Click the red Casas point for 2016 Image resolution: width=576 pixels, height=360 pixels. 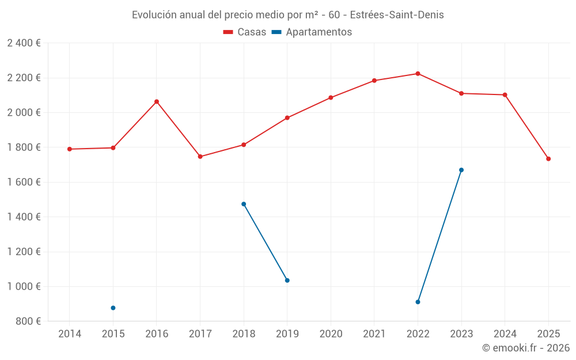coord(157,101)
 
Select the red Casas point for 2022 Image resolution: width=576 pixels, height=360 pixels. coord(418,74)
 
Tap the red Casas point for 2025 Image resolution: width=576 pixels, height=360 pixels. coord(548,159)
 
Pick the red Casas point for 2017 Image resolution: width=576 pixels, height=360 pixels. coord(200,157)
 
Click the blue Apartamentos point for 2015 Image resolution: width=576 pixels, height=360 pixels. coord(113,308)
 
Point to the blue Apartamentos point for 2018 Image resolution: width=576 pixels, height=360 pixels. coord(244,204)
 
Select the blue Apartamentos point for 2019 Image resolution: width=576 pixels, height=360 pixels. coord(287,281)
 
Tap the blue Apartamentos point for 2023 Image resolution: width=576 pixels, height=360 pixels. coord(461,170)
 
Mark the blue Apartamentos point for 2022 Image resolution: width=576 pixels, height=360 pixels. coord(418,302)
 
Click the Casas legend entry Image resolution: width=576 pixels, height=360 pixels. coord(245,32)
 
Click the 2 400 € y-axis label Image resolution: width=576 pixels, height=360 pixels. coord(24,43)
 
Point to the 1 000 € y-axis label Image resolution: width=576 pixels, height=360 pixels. coord(24,286)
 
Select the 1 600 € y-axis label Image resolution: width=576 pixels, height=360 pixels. coord(24,182)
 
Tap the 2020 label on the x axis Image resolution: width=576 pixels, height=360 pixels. coord(331,334)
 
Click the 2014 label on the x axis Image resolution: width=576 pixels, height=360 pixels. coord(70,334)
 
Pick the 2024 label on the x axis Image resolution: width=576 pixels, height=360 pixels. coord(505,334)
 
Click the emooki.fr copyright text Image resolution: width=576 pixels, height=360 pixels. coord(525,348)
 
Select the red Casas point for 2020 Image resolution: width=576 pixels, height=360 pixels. coord(331,97)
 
